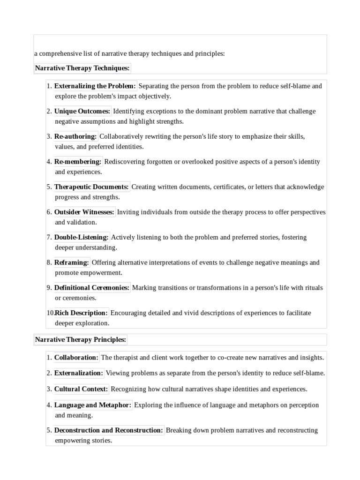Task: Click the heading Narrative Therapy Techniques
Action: pos(82,68)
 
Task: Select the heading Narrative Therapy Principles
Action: pos(80,339)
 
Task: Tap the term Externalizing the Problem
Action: pos(95,86)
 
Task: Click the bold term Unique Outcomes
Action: pos(82,111)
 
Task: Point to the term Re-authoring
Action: pos(75,136)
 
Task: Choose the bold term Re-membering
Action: pos(78,162)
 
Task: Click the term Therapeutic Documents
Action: pos(91,187)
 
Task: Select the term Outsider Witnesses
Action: pos(84,212)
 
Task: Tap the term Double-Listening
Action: pos(82,237)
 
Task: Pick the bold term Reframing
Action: pos(71,262)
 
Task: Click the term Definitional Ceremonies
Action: pos(91,288)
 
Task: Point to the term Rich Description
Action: pos(81,313)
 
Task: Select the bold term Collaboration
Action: pos(76,358)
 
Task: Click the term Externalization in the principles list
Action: pos(78,373)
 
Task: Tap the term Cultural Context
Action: pos(81,389)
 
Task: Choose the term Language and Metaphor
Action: pos(93,405)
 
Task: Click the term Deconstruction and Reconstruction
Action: pos(109,430)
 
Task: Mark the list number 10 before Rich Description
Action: pos(50,313)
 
